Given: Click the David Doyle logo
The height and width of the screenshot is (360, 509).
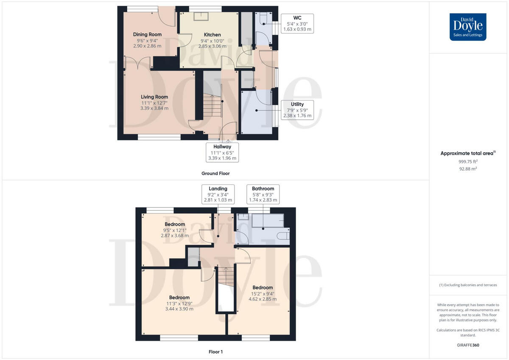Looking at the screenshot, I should click(468, 27).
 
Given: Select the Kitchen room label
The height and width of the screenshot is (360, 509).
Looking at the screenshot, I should click(212, 40).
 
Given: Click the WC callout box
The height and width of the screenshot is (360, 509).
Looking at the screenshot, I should click(297, 24).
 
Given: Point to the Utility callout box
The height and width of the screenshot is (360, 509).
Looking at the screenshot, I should click(297, 109).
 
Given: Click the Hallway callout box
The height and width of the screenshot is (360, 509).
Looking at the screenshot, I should click(222, 152).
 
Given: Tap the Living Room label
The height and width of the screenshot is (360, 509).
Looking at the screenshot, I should click(154, 102).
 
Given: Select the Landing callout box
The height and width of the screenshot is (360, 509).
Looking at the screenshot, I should click(218, 194).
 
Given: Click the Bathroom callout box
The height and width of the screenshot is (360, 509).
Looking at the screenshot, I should click(263, 194).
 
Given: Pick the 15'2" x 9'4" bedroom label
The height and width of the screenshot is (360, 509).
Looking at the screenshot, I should click(262, 293).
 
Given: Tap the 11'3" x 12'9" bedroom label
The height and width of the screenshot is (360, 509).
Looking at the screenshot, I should click(179, 303).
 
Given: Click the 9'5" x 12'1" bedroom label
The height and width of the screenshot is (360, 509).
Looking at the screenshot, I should click(175, 229).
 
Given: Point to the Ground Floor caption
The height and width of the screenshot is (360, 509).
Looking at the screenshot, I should click(216, 173).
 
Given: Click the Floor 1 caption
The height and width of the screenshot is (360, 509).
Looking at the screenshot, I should click(215, 352).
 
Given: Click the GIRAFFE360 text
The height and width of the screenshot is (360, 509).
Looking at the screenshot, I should click(467, 345).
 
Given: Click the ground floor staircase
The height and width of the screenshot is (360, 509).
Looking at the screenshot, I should click(212, 106).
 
